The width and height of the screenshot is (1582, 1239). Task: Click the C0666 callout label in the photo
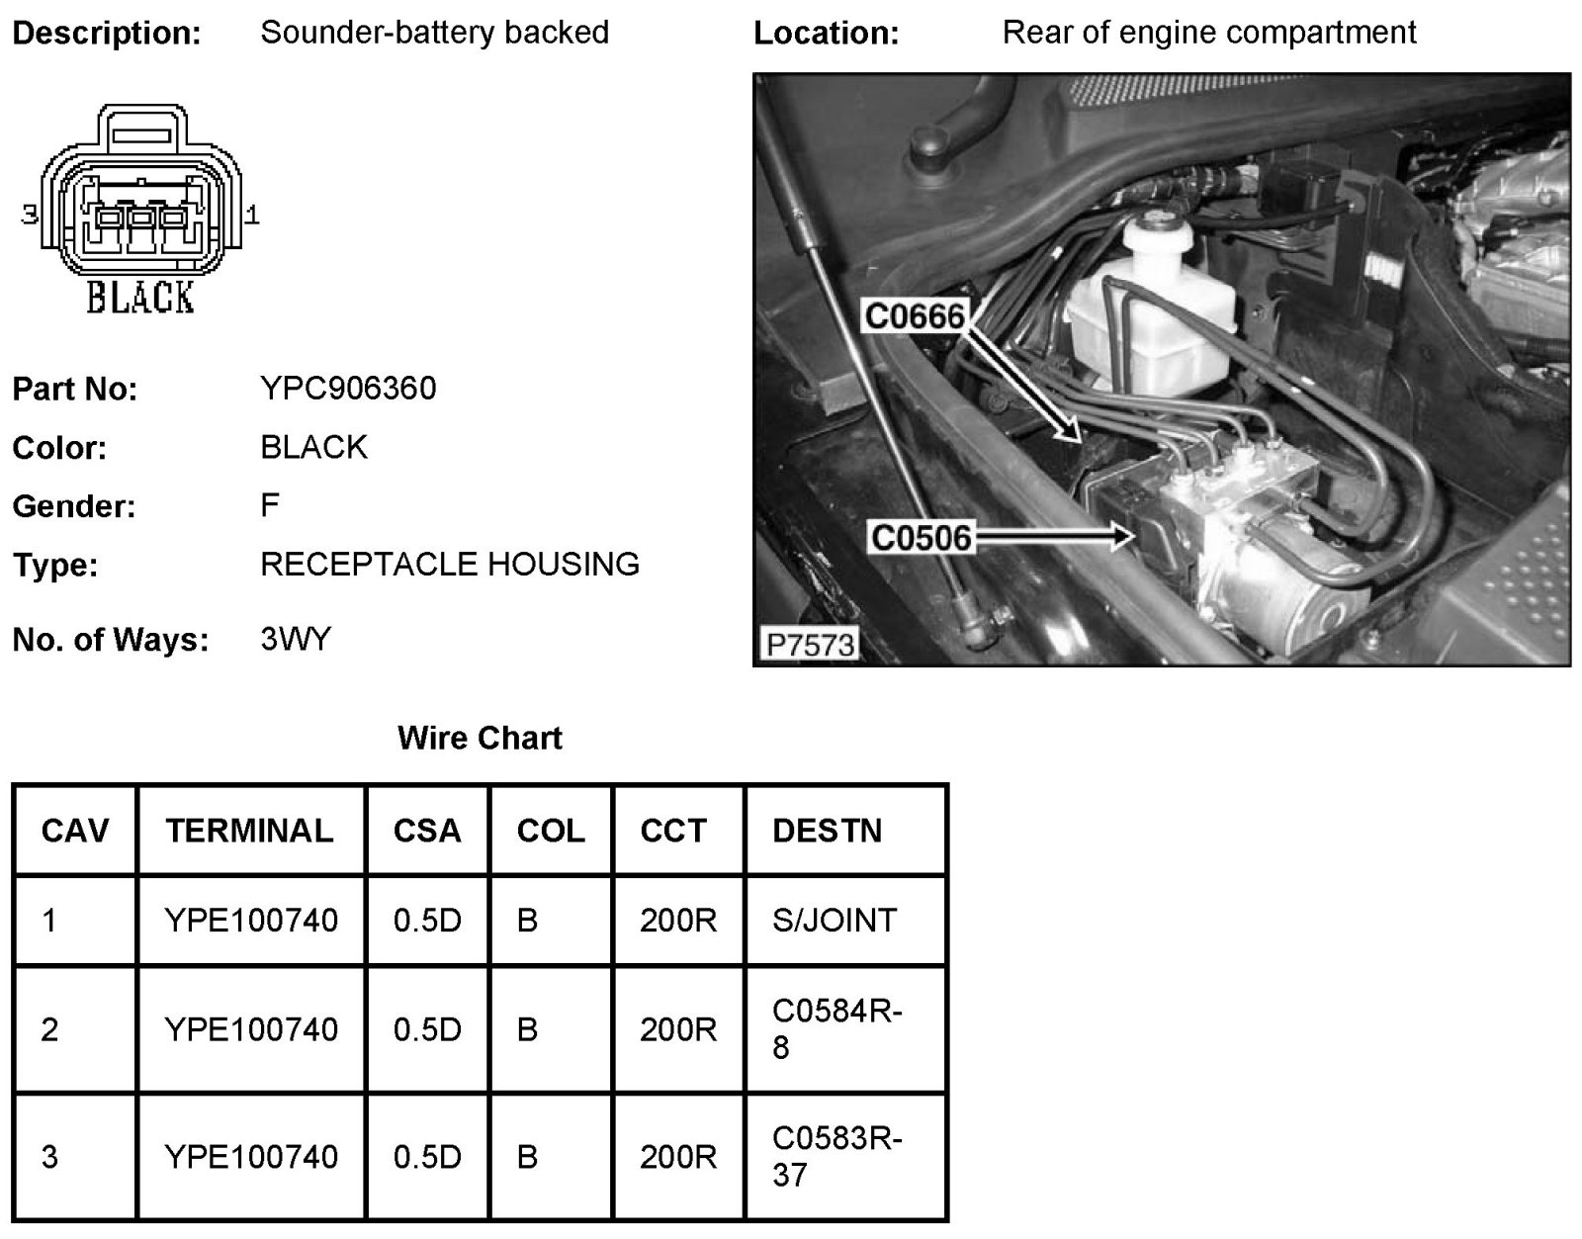tap(914, 316)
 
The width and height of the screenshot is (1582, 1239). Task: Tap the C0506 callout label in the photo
tap(921, 539)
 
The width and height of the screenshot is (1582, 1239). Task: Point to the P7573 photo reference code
tap(809, 645)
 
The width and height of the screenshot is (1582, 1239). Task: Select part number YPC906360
tap(348, 389)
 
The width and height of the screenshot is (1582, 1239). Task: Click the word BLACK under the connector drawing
tap(140, 298)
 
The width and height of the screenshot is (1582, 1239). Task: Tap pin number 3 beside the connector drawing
tap(30, 214)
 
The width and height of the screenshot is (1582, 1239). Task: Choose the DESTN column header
tap(827, 831)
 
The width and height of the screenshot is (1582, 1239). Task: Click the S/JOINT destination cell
tap(834, 921)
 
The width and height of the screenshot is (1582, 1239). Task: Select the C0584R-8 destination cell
tap(836, 1028)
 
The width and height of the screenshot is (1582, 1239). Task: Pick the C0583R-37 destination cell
tap(836, 1156)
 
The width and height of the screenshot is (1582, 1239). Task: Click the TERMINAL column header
tap(249, 831)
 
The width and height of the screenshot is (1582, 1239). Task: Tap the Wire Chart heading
tap(480, 738)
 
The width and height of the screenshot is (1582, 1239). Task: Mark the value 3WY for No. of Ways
tap(296, 640)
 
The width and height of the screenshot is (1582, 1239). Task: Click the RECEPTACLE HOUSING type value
tap(450, 565)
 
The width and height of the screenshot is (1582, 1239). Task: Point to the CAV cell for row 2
tap(50, 1029)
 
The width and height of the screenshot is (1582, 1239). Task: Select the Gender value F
tap(270, 506)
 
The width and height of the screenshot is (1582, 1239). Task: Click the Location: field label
tap(827, 34)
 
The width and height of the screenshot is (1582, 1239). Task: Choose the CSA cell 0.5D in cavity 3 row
tap(427, 1156)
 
